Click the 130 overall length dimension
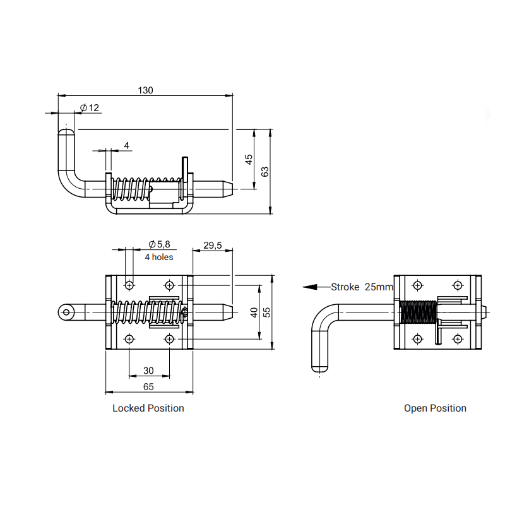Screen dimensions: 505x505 (x=145, y=90)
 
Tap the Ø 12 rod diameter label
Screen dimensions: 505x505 (x=89, y=107)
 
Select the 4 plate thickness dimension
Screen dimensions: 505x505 (x=127, y=146)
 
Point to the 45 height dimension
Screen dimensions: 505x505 (x=249, y=160)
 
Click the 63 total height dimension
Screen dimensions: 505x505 (x=264, y=172)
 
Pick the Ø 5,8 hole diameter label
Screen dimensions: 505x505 (x=159, y=244)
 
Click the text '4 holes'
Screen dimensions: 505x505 (x=159, y=257)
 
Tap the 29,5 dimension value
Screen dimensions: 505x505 (x=213, y=246)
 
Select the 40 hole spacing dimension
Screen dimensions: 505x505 (x=254, y=312)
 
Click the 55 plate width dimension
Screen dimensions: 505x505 (x=267, y=312)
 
